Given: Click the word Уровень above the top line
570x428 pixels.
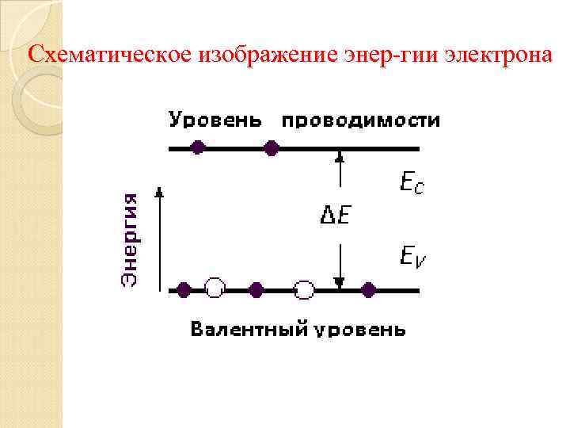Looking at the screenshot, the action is click(215, 121).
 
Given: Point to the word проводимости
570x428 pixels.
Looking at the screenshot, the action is click(361, 121).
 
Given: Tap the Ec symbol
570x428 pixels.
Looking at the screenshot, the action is click(412, 185).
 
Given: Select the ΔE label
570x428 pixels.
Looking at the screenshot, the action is click(335, 215).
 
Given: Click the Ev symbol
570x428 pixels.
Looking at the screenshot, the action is click(412, 255).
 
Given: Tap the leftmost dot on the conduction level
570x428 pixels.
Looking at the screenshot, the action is click(199, 147).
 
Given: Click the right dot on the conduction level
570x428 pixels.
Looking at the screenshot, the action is click(272, 147).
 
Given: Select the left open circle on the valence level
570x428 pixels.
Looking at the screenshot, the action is click(215, 289).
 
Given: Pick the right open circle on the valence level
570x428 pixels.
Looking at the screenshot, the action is click(304, 289).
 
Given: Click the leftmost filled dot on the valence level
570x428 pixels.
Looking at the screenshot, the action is click(184, 289).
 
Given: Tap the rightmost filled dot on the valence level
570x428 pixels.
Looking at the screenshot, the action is click(368, 289).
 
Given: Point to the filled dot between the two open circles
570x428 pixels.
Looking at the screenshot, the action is click(256, 289).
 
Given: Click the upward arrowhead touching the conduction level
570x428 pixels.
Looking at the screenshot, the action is click(340, 155).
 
